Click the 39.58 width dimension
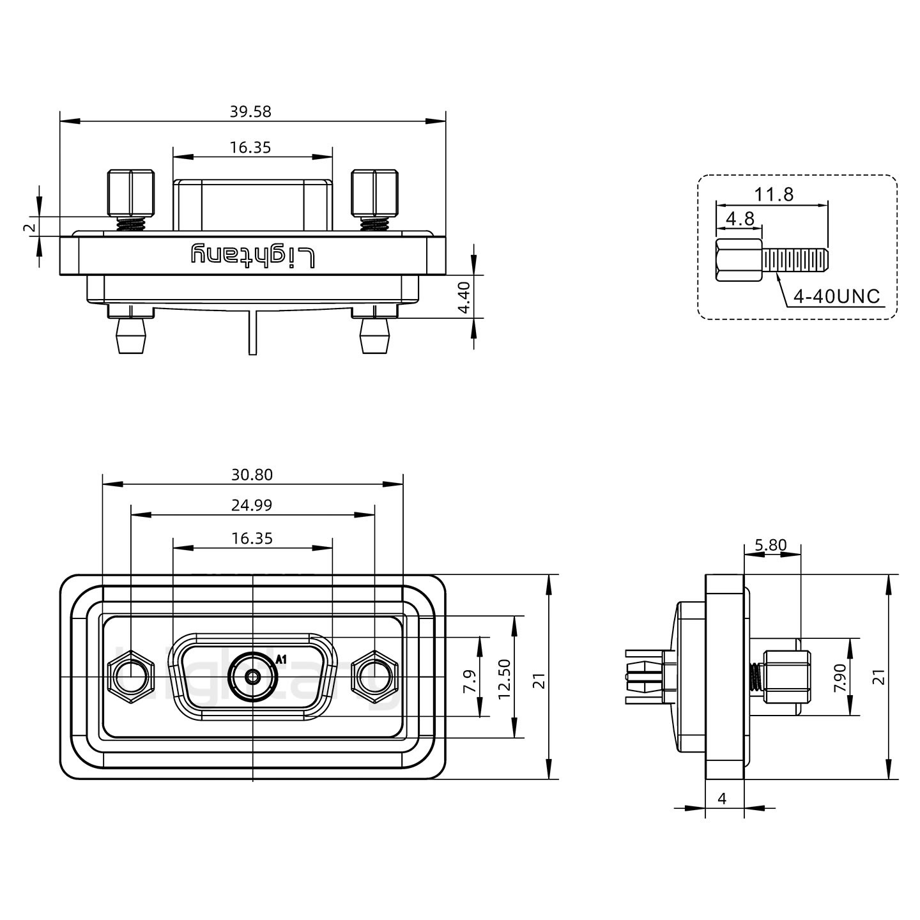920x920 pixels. pyautogui.click(x=250, y=112)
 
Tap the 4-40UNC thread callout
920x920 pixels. pyautogui.click(x=836, y=296)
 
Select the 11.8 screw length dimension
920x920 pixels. pyautogui.click(x=774, y=194)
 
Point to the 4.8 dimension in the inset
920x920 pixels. pyautogui.click(x=740, y=218)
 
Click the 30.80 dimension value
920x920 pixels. pyautogui.click(x=252, y=475)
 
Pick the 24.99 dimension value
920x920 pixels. pyautogui.click(x=252, y=505)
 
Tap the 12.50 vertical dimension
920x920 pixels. pyautogui.click(x=505, y=678)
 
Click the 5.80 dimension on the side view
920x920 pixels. pyautogui.click(x=770, y=545)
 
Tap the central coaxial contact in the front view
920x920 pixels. pyautogui.click(x=253, y=677)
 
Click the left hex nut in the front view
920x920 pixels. pyautogui.click(x=131, y=677)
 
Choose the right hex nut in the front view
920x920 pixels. pyautogui.click(x=374, y=677)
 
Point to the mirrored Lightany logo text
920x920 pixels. pyautogui.click(x=254, y=256)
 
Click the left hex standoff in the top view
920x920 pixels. pyautogui.click(x=131, y=193)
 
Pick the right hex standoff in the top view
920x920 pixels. pyautogui.click(x=374, y=193)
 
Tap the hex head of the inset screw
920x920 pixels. pyautogui.click(x=739, y=261)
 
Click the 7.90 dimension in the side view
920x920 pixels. pyautogui.click(x=839, y=677)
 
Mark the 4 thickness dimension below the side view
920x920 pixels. pyautogui.click(x=723, y=799)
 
